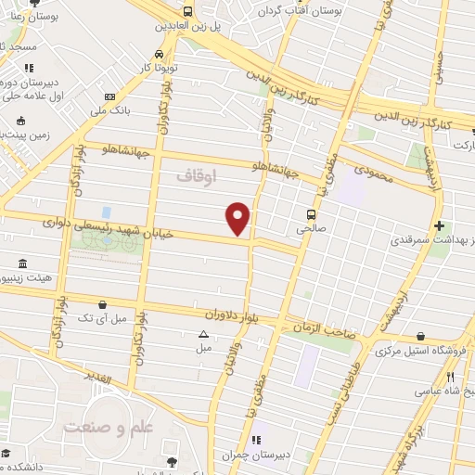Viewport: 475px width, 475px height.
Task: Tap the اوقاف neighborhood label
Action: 195,173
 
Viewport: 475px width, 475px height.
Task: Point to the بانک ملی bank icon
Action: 110,96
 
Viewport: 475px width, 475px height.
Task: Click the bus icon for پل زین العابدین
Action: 188,12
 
